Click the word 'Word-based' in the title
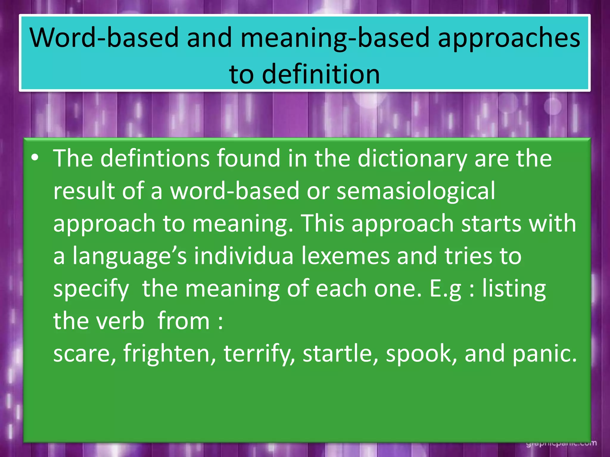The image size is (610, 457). [x=104, y=38]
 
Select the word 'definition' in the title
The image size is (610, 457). [x=321, y=74]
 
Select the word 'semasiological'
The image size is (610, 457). [x=416, y=191]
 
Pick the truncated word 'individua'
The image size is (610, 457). [x=244, y=256]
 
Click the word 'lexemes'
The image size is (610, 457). [x=345, y=256]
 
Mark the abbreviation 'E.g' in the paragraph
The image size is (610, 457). [x=445, y=289]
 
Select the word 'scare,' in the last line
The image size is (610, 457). [x=84, y=353]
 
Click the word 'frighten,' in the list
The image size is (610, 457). [x=169, y=353]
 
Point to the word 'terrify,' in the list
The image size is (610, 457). [x=259, y=353]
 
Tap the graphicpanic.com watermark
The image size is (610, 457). [x=561, y=444]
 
